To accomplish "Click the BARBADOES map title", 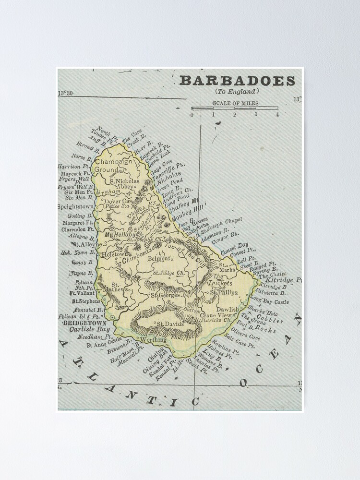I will click(x=237, y=81).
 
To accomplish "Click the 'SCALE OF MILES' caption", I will click(x=235, y=103).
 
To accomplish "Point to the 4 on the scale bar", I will click(x=277, y=114).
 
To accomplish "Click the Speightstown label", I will click(x=76, y=207).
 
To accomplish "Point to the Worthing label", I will click(x=153, y=339).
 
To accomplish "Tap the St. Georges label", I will click(x=165, y=295).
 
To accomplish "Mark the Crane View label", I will click(x=223, y=314).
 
